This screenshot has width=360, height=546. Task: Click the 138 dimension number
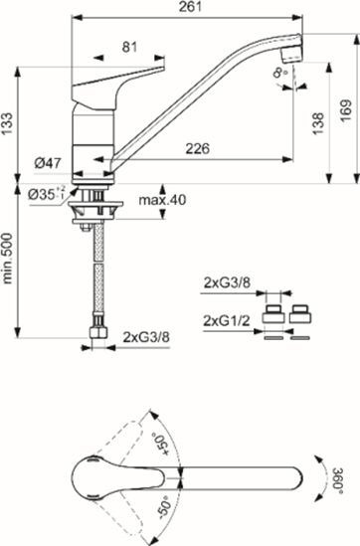click(316, 119)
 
